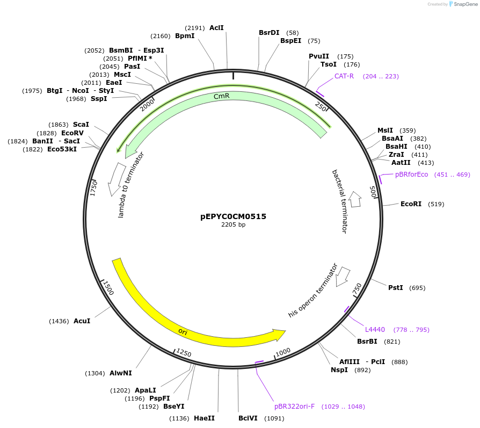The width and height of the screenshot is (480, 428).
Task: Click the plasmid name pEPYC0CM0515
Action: tap(233, 216)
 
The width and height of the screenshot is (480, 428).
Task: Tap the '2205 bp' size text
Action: tap(233, 225)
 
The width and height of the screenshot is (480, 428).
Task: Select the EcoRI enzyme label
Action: tap(411, 204)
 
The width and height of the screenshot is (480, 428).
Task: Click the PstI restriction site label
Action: tap(396, 288)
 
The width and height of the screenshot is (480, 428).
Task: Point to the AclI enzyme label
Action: tap(216, 27)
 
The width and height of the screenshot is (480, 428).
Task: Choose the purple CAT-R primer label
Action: tap(344, 76)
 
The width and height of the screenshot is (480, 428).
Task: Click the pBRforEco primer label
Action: tap(412, 175)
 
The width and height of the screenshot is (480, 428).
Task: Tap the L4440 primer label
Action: tap(375, 330)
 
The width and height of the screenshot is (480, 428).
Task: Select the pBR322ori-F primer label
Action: tap(294, 407)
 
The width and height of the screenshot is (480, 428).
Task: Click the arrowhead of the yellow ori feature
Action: tap(280, 335)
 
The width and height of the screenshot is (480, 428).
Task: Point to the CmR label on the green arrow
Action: tap(222, 96)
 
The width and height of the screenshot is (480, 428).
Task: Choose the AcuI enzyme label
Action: tap(82, 321)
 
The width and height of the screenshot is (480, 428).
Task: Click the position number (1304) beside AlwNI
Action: tap(94, 373)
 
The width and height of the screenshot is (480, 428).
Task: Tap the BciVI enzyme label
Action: tap(248, 418)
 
